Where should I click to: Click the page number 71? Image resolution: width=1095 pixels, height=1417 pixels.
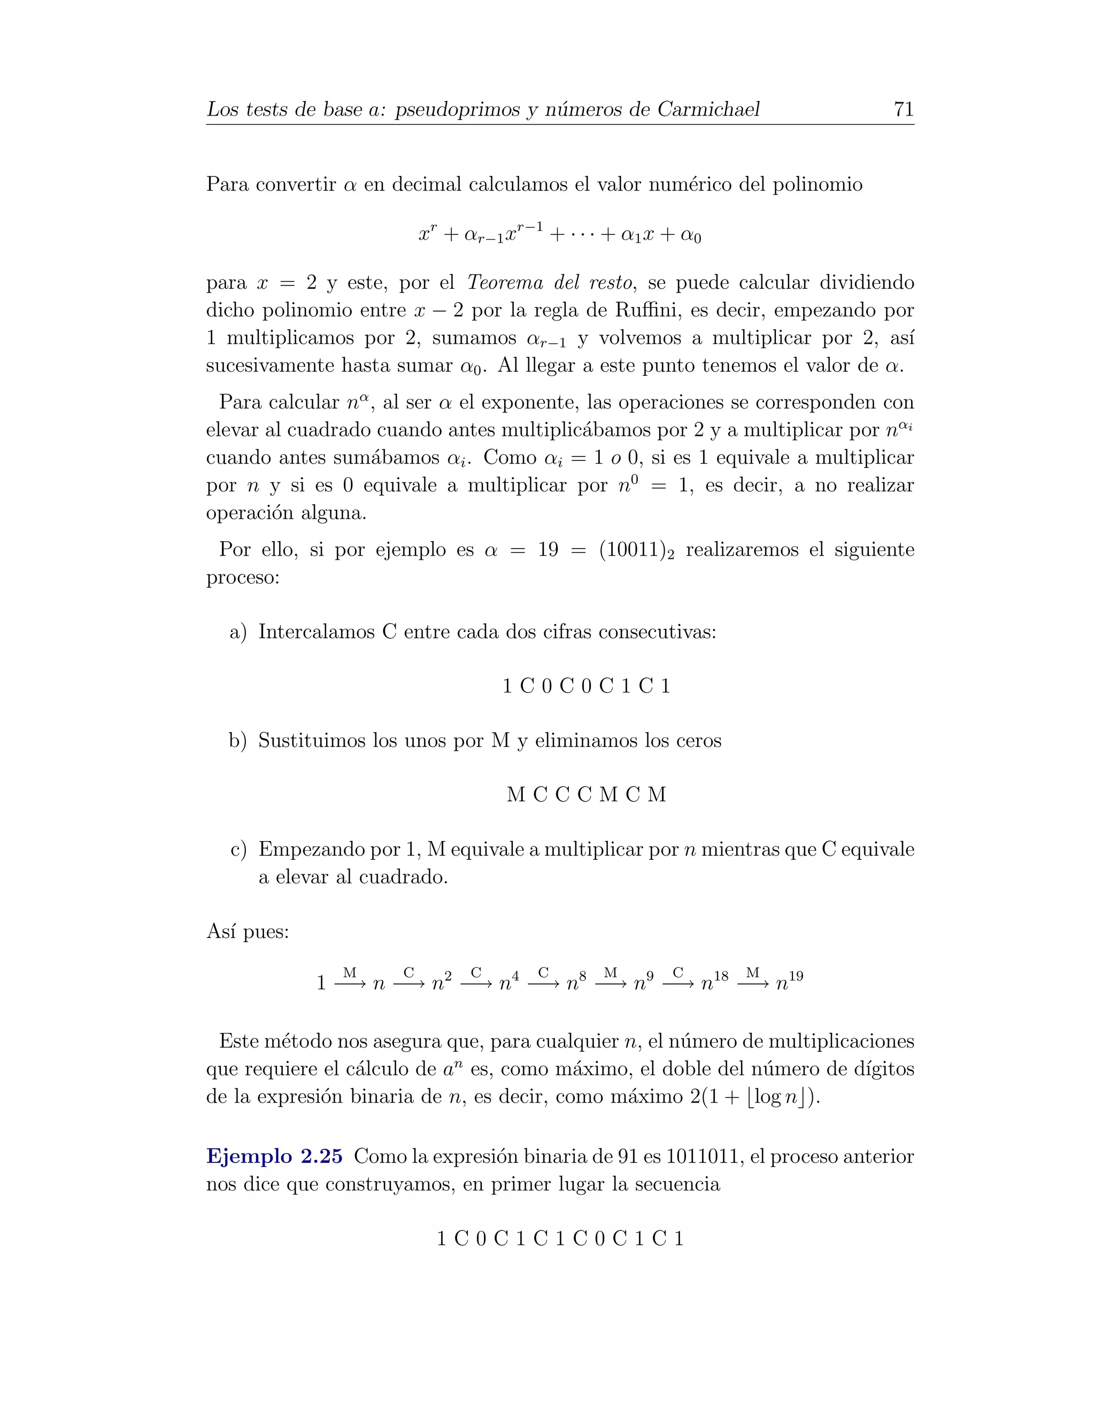pos(903,109)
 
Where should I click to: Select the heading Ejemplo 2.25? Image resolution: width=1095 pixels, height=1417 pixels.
pos(274,1174)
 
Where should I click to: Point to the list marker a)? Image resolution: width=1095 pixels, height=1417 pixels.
pos(238,632)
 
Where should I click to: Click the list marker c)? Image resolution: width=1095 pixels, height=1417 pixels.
pos(238,849)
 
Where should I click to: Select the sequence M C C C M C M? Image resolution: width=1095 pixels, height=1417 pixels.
pos(586,795)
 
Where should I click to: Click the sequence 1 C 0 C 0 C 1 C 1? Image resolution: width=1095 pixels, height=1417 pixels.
pos(586,686)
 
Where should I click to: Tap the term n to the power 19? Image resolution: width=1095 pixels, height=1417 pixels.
pos(789,982)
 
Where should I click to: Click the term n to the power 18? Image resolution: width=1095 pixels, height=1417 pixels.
pos(714,982)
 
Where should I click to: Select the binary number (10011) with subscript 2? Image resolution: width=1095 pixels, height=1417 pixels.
pos(636,550)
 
